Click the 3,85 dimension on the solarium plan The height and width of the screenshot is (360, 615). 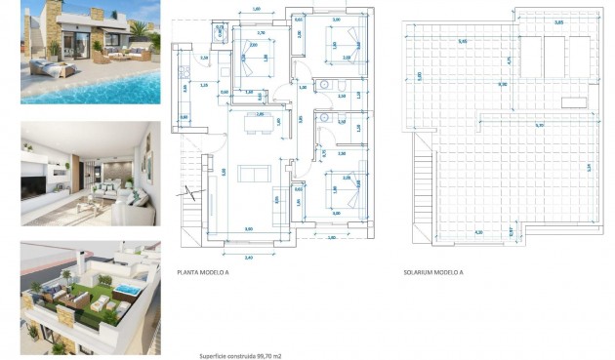558,21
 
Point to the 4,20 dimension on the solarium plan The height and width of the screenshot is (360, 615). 478,232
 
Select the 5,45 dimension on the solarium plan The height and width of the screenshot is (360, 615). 462,41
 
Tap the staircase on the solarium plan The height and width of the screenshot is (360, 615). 423,195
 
